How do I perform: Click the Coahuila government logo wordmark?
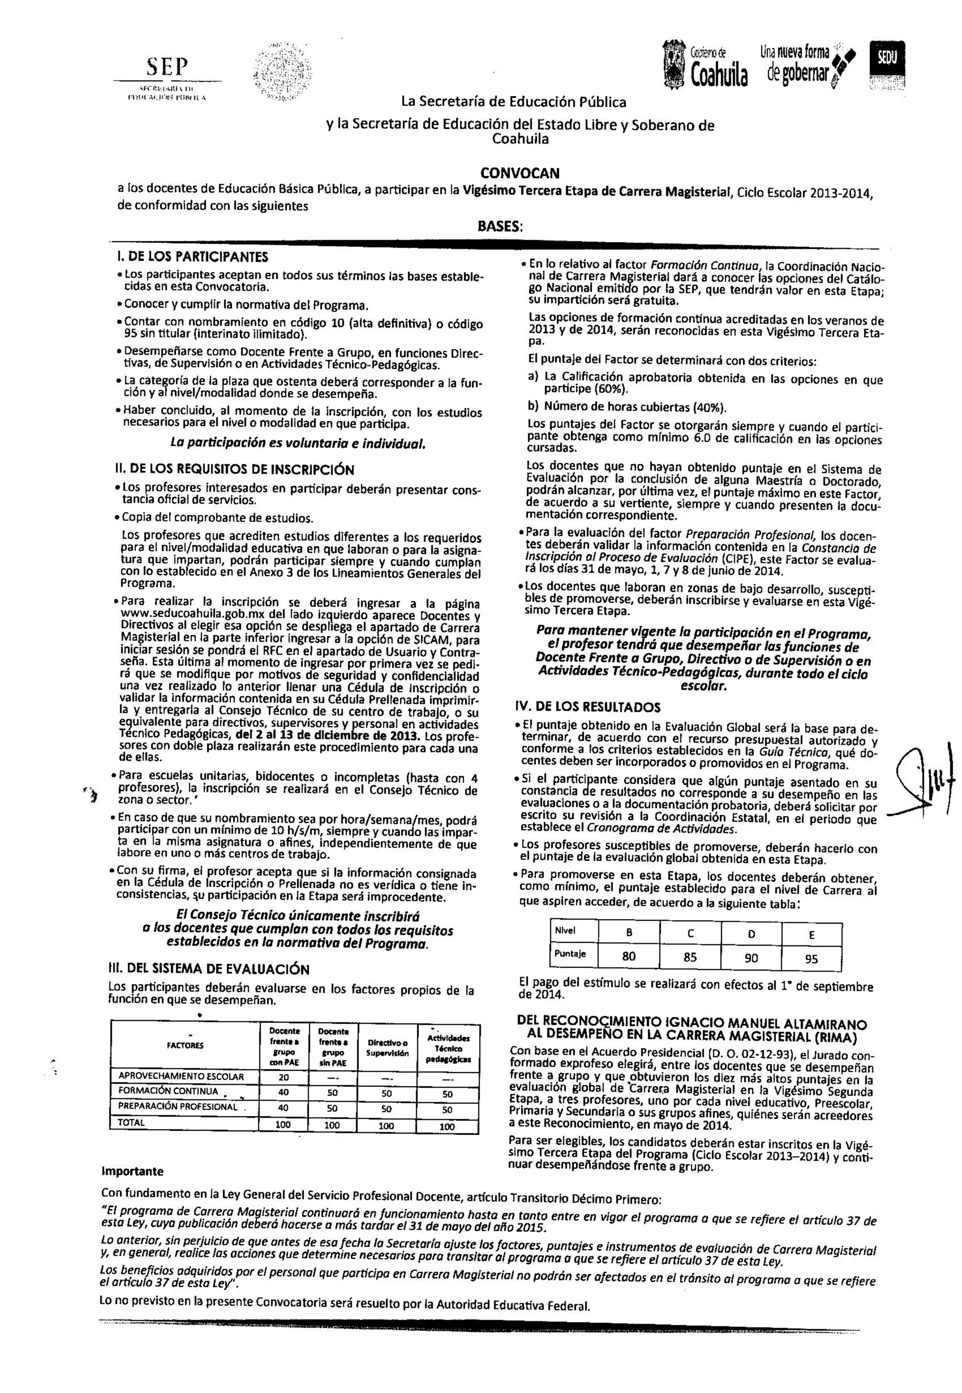(718, 74)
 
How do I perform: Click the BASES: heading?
(500, 226)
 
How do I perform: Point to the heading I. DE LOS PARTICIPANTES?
(192, 257)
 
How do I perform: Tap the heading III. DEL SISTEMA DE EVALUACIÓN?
(209, 969)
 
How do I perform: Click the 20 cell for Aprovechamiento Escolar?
(283, 1076)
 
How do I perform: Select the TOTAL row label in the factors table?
(132, 1122)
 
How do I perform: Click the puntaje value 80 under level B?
(629, 956)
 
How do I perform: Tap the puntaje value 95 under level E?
(811, 958)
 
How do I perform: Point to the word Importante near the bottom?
(132, 1171)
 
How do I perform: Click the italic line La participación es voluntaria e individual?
(298, 443)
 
